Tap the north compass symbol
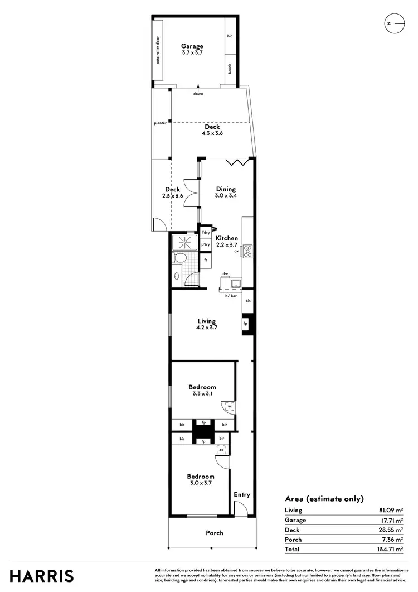(393, 23)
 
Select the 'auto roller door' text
(158, 51)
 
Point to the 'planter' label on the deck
(161, 123)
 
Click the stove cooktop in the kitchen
(248, 252)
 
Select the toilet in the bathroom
(179, 258)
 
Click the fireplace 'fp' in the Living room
(245, 324)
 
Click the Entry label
(242, 495)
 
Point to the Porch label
(214, 533)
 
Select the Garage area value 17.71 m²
(391, 520)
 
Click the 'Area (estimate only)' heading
(324, 499)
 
